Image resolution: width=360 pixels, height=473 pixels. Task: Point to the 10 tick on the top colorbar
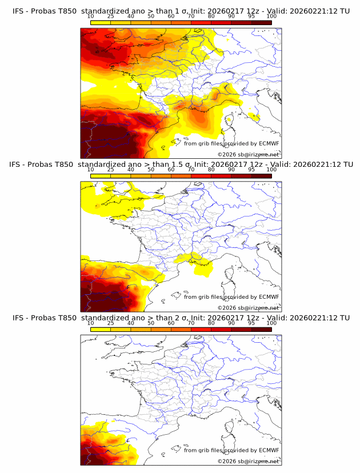(91, 16)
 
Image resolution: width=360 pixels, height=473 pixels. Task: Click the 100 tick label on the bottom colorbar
(271, 323)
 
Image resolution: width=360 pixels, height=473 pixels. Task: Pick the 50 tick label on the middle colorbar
(151, 170)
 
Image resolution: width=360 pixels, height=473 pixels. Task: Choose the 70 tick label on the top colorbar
(191, 16)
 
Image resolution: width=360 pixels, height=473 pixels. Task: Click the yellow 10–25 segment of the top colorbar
(101, 23)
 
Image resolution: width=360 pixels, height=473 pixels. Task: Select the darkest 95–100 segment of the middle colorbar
(261, 176)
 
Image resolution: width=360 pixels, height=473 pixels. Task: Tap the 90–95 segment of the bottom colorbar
(241, 329)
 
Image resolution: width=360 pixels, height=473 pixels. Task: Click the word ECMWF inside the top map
(269, 143)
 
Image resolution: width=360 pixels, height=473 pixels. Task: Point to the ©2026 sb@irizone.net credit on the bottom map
(248, 461)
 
